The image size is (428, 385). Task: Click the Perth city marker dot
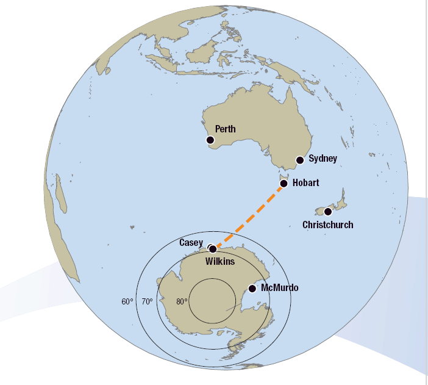point(210,140)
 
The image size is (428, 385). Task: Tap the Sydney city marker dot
point(299,160)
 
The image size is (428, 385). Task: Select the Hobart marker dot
point(284,184)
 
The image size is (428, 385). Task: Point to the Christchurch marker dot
point(328,212)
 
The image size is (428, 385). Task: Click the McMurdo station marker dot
point(252,288)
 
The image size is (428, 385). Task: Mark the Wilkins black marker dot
point(213,248)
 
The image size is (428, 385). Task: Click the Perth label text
point(225,129)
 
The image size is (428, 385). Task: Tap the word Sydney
point(323,159)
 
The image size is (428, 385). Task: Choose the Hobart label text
point(305,182)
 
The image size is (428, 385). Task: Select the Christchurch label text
point(327,225)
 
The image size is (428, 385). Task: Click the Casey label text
point(191,243)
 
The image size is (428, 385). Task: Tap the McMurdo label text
point(279,287)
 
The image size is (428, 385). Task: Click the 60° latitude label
point(127,301)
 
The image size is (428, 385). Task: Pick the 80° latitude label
point(181,301)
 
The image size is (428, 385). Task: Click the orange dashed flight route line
point(249,216)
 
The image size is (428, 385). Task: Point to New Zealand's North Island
point(341,198)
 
